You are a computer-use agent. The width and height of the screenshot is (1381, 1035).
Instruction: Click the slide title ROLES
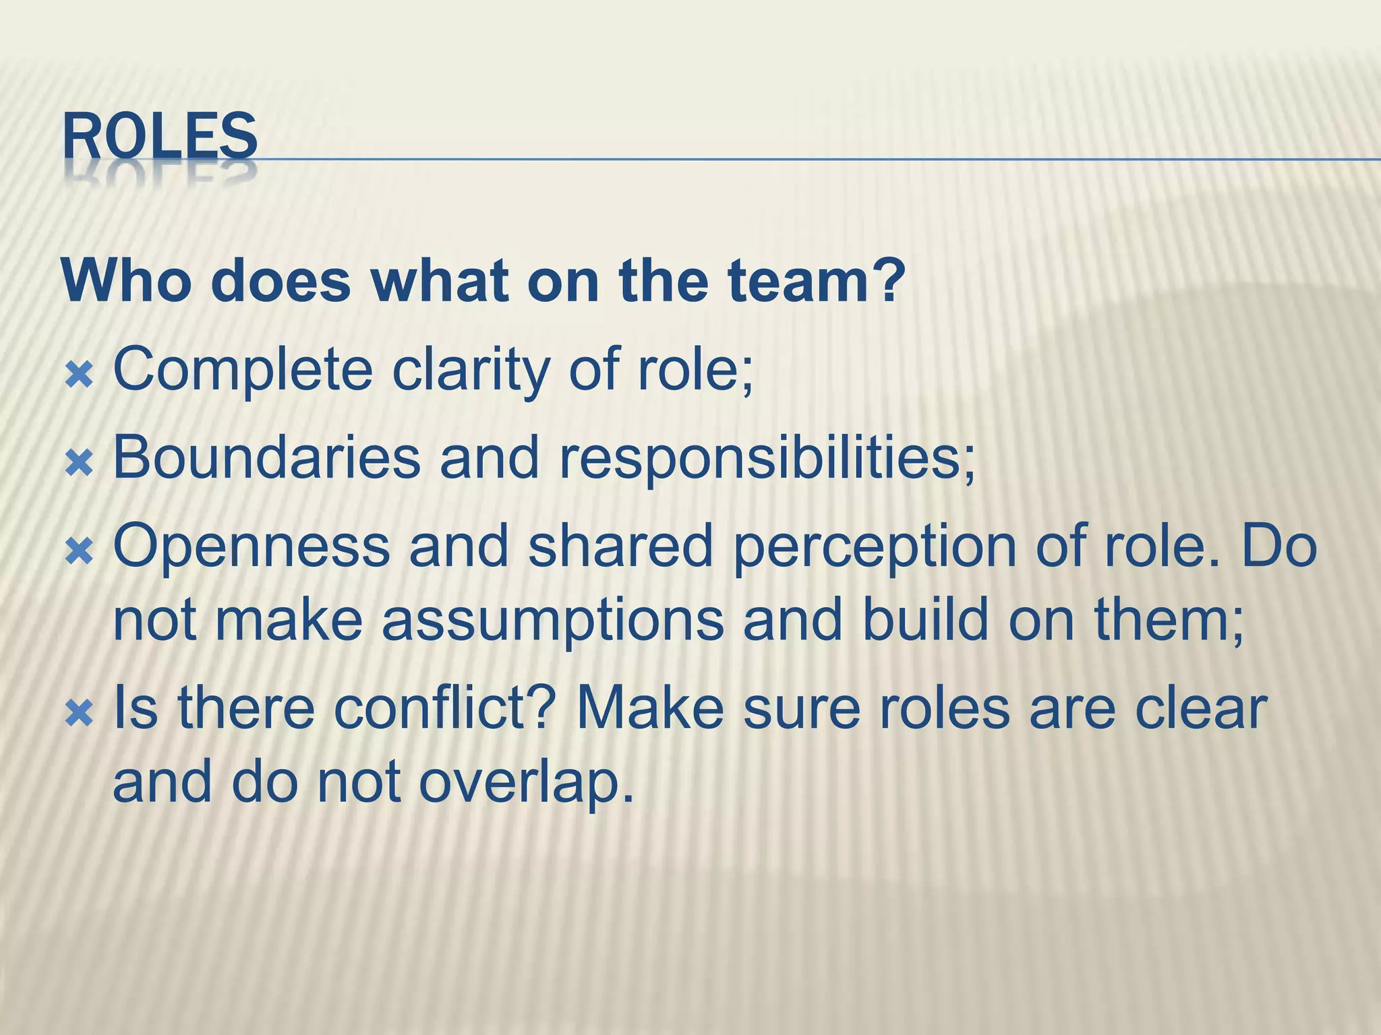tap(160, 137)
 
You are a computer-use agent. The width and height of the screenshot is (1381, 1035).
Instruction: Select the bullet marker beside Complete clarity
tap(80, 375)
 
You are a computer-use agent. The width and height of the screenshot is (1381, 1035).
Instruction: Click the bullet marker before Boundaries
tap(80, 464)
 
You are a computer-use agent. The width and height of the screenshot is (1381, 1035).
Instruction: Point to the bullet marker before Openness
tap(80, 551)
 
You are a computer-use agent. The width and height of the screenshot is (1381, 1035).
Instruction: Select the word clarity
tap(470, 370)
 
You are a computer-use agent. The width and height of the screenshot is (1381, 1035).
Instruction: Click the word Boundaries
tap(267, 458)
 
